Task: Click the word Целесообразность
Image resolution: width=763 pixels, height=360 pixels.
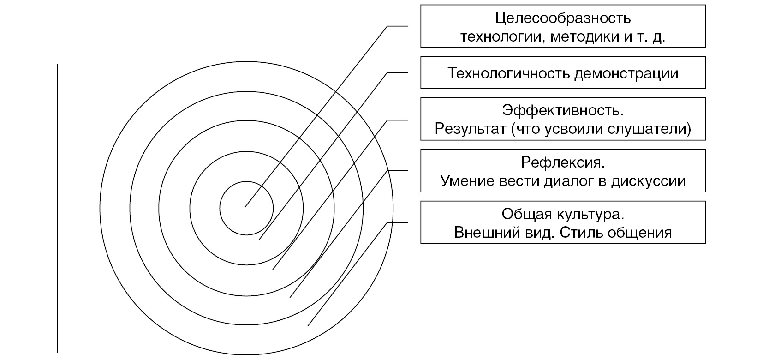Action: tap(563, 18)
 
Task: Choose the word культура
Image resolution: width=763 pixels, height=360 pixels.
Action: tap(590, 215)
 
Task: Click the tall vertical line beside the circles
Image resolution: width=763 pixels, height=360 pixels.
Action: tap(57, 208)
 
